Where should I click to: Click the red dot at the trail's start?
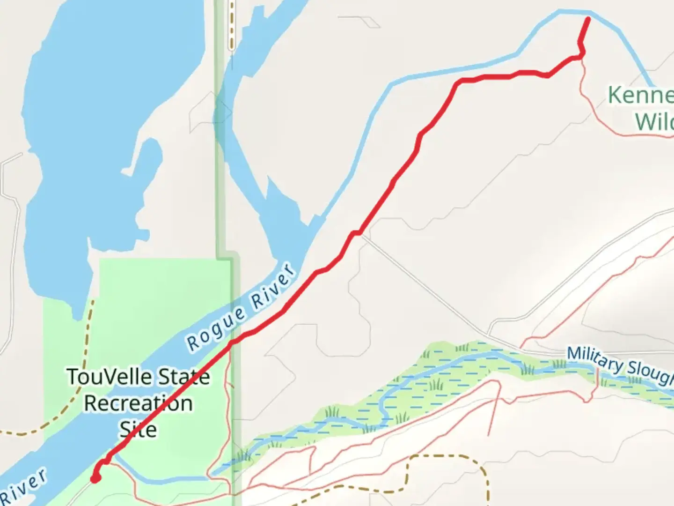click(x=95, y=478)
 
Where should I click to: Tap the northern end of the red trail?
click(x=588, y=19)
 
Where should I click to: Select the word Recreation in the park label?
click(x=138, y=403)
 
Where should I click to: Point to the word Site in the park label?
click(x=138, y=430)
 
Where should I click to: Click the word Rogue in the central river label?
click(x=216, y=328)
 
